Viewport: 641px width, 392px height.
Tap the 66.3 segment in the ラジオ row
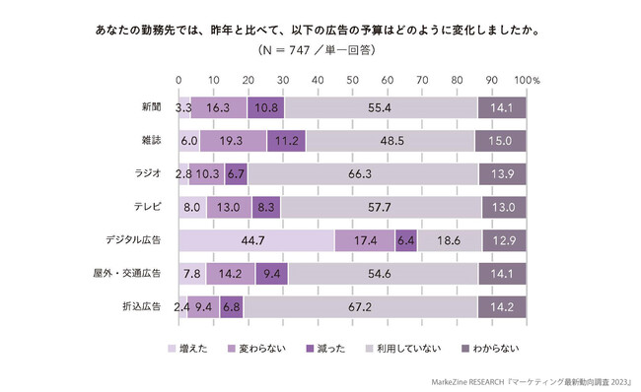(x=362, y=174)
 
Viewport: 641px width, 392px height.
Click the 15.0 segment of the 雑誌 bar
(x=500, y=141)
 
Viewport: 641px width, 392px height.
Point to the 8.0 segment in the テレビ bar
(x=193, y=208)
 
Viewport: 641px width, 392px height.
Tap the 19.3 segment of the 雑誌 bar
(x=233, y=141)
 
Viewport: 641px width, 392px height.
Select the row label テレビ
(x=148, y=208)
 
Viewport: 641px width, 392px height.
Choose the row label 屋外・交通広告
(x=134, y=275)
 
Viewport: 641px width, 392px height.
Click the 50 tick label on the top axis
(x=352, y=79)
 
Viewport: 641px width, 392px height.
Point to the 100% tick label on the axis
(x=527, y=79)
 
